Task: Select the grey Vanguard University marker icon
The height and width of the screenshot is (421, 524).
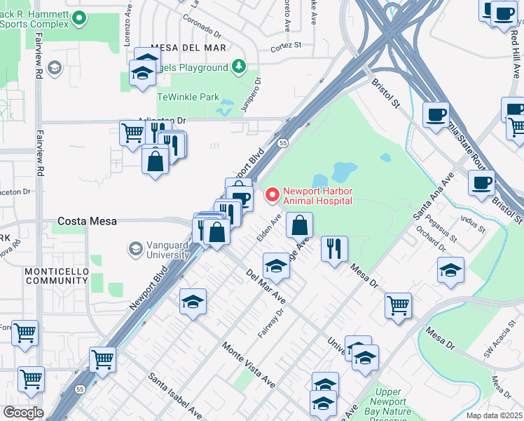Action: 135,248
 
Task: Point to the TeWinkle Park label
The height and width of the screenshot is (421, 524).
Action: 188,98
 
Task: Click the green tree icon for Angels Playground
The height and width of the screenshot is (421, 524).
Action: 240,67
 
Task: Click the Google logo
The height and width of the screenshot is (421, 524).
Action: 23,412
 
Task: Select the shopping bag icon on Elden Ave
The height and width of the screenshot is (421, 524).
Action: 299,225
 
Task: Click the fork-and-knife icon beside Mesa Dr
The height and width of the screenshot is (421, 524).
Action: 334,248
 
